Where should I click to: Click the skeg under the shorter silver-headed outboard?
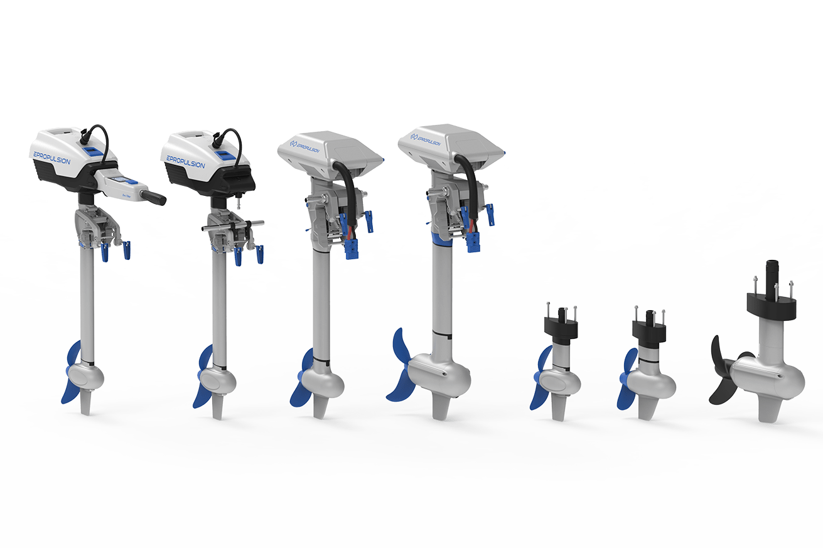click(320, 408)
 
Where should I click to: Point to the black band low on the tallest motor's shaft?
click(444, 331)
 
